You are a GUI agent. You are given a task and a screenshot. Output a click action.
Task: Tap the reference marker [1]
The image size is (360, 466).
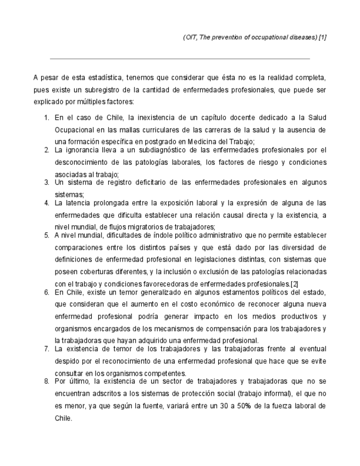point(322,37)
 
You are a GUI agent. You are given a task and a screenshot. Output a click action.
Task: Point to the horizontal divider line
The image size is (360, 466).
point(180,58)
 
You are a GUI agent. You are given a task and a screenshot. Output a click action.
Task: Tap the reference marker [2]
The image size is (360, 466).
point(294,283)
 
